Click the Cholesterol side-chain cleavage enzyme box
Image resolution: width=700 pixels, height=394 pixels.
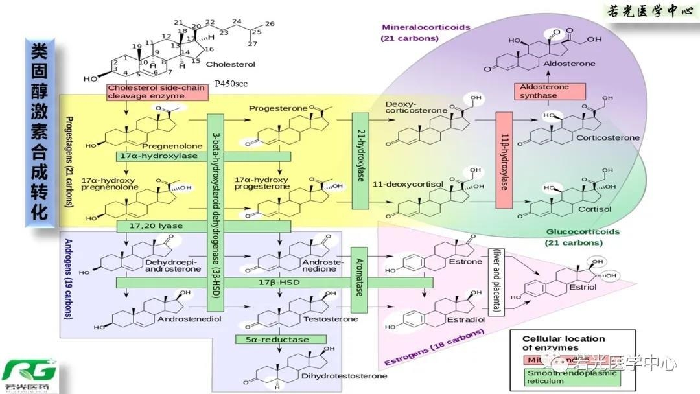point(157,92)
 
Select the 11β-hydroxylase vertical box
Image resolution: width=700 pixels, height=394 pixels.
point(504,160)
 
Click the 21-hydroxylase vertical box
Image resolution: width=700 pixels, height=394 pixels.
point(361,160)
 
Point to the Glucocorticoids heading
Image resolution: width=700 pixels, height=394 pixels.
point(583,231)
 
